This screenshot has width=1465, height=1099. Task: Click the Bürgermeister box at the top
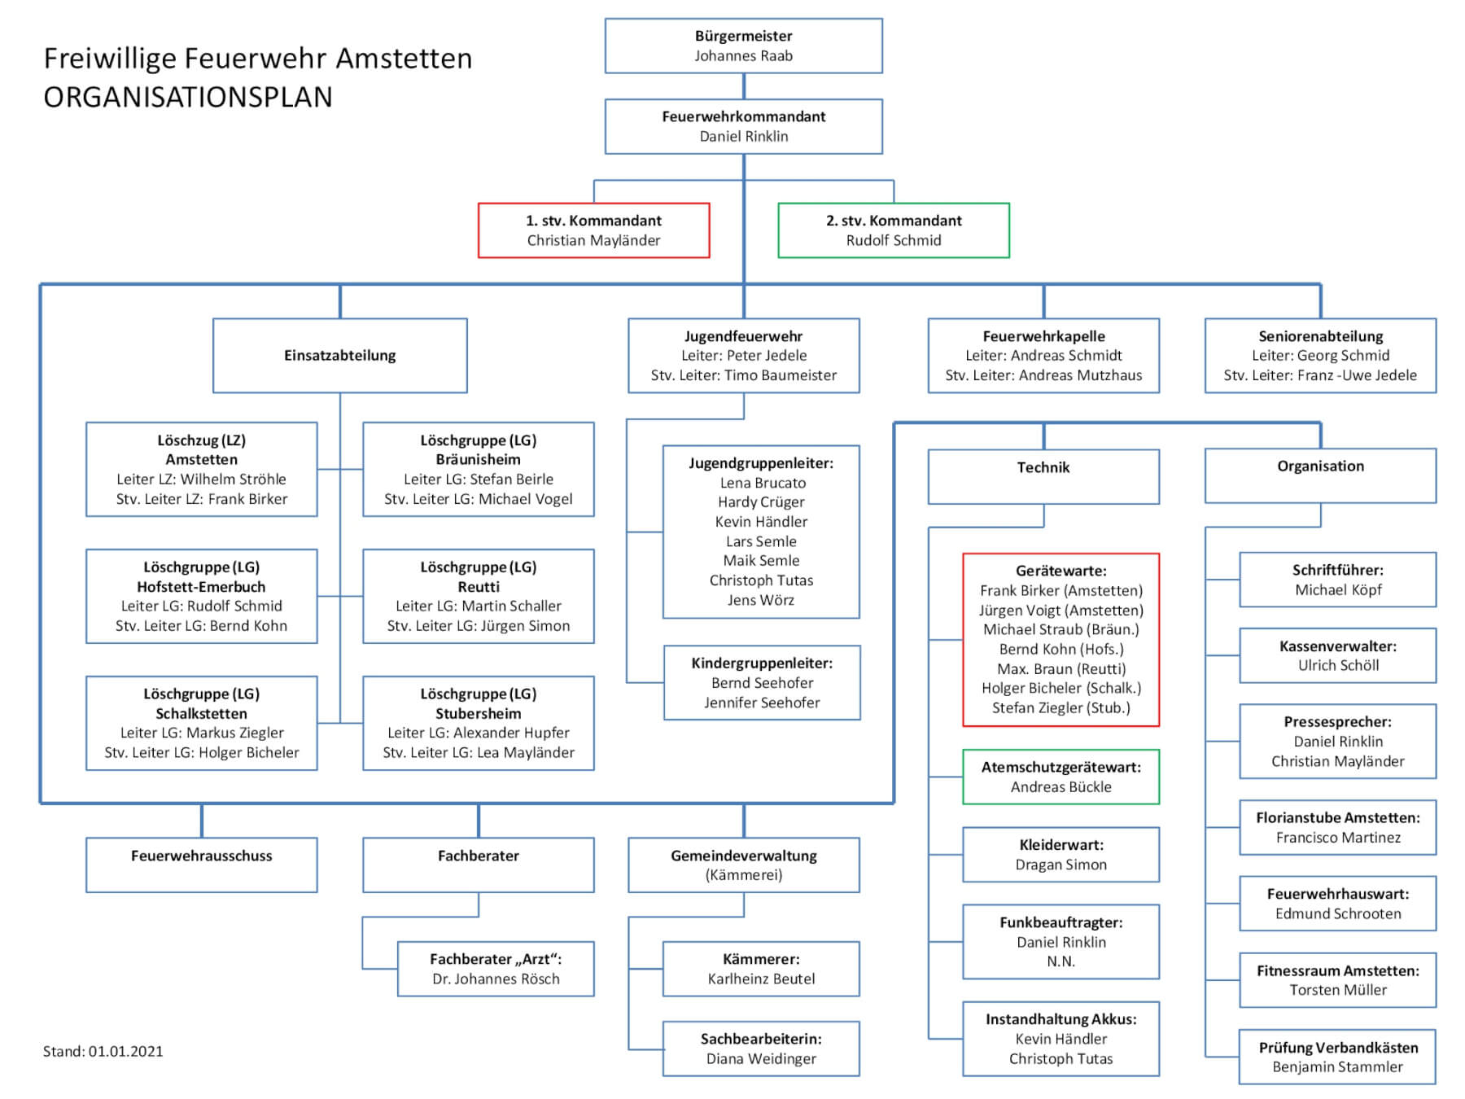coord(743,46)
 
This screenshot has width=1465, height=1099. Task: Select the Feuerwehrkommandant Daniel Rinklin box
coord(743,126)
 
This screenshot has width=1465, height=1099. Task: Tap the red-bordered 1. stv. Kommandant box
coord(593,230)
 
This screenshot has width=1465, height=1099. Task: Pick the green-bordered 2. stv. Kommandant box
coord(894,230)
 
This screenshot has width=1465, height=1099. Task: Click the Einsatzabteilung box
coord(339,356)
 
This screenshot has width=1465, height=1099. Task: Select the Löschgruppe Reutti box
coord(478,597)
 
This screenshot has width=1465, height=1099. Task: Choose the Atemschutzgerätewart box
coord(1060,777)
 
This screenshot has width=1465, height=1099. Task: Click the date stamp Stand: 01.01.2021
coord(103,1051)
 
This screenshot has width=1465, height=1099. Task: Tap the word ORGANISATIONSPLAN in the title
coord(188,97)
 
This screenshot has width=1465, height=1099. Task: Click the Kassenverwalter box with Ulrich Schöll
coord(1337,655)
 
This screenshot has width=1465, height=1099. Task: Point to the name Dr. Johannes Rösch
coord(496,979)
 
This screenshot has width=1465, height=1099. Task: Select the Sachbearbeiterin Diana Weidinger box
coord(761,1049)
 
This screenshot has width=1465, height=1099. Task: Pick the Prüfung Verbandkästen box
coord(1337,1057)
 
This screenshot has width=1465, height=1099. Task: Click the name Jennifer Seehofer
coord(762,703)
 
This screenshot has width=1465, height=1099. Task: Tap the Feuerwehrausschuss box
coord(201,865)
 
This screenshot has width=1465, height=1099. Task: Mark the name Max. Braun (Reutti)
coord(1061,668)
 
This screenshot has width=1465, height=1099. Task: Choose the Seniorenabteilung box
coord(1320,356)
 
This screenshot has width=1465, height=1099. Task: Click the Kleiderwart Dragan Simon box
coord(1060,855)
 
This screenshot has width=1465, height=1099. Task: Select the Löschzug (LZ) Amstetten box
coord(201,470)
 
